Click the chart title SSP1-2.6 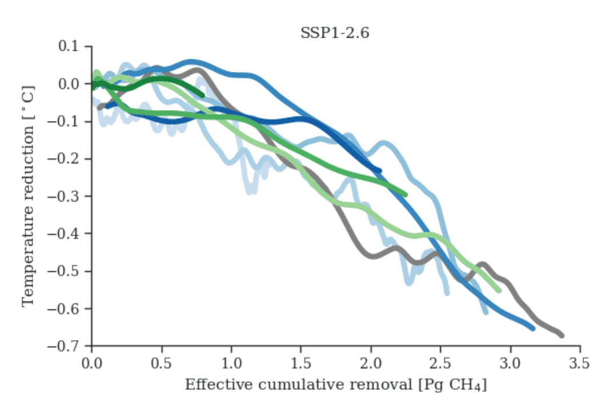(335, 33)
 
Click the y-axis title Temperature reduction (28, 196)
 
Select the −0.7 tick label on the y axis (67, 346)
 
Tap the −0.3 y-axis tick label (67, 196)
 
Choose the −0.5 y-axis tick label (67, 271)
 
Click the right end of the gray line (562, 336)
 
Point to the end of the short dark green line (202, 95)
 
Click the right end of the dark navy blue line (379, 171)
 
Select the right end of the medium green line (405, 195)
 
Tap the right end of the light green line (499, 291)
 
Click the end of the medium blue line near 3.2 (532, 328)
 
